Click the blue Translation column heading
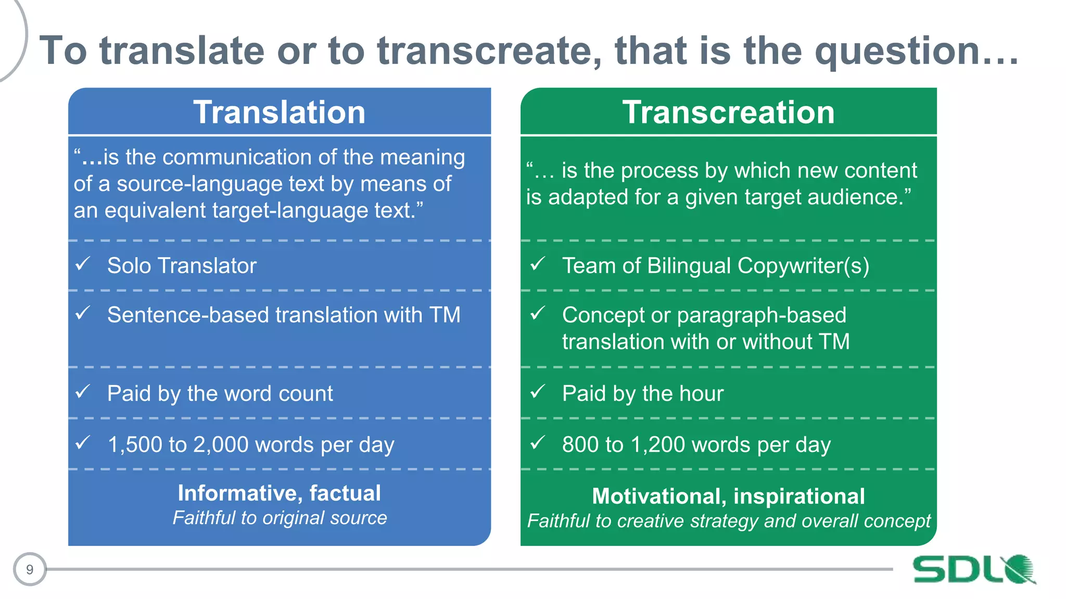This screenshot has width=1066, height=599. click(280, 112)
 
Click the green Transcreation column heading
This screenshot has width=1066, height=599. click(728, 112)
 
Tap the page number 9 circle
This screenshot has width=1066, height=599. click(30, 569)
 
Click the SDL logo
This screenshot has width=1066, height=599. click(973, 569)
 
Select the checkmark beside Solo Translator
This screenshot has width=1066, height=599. click(83, 264)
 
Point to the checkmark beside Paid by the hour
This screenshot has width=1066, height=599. click(538, 392)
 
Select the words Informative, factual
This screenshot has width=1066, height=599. click(280, 493)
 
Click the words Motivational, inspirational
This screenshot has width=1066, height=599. click(728, 496)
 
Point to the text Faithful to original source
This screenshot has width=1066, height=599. click(280, 518)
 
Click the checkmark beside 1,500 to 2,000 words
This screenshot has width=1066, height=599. click(83, 443)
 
